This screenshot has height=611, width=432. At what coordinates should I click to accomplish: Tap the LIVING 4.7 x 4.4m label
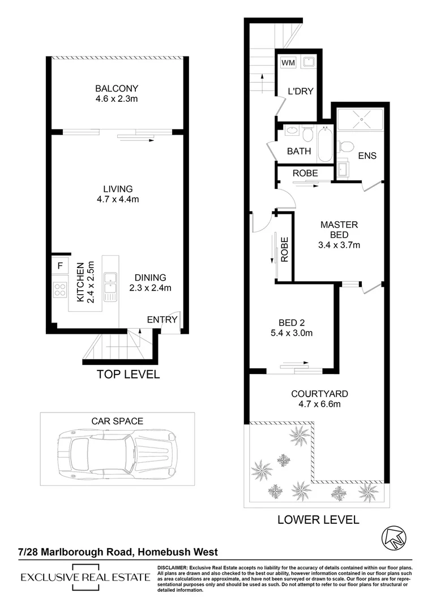pyautogui.click(x=117, y=194)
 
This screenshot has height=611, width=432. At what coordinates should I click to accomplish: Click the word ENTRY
pyautogui.click(x=162, y=320)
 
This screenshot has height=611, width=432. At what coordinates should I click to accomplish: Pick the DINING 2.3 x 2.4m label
pyautogui.click(x=150, y=282)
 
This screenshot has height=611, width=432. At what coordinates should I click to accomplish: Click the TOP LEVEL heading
pyautogui.click(x=128, y=374)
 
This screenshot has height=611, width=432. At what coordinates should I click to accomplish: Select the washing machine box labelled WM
pyautogui.click(x=287, y=62)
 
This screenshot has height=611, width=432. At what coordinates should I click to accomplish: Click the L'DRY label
pyautogui.click(x=300, y=91)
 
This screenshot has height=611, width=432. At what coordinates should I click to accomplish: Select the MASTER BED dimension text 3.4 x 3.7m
pyautogui.click(x=339, y=245)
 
